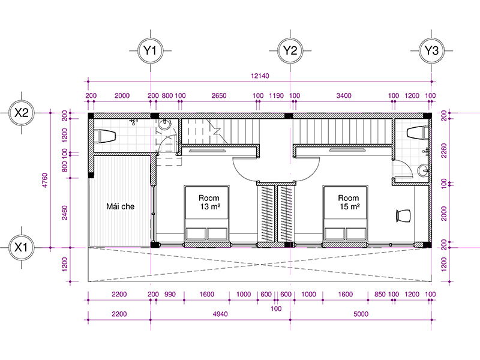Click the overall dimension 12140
point(260,76)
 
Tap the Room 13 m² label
point(209,202)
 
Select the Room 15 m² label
point(349,202)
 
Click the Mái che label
point(121,206)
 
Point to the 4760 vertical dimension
point(44,181)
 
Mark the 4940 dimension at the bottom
point(220,314)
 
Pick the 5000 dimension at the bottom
point(361,314)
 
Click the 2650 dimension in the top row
point(219,95)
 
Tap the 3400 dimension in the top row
point(344,95)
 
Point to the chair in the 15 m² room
point(403,216)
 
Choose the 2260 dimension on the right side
point(444,151)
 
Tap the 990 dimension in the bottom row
point(170,294)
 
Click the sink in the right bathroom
point(424,171)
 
